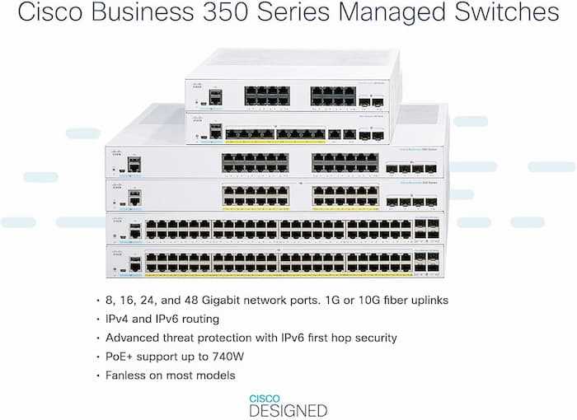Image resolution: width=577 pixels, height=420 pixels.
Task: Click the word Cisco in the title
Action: click(x=47, y=15)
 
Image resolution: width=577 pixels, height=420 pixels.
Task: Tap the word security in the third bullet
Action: click(x=372, y=338)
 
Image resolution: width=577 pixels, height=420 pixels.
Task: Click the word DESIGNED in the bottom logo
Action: click(x=288, y=409)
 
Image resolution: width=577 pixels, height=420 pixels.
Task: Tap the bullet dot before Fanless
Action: click(x=98, y=376)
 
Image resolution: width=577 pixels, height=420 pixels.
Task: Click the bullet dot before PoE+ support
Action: click(x=98, y=357)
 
